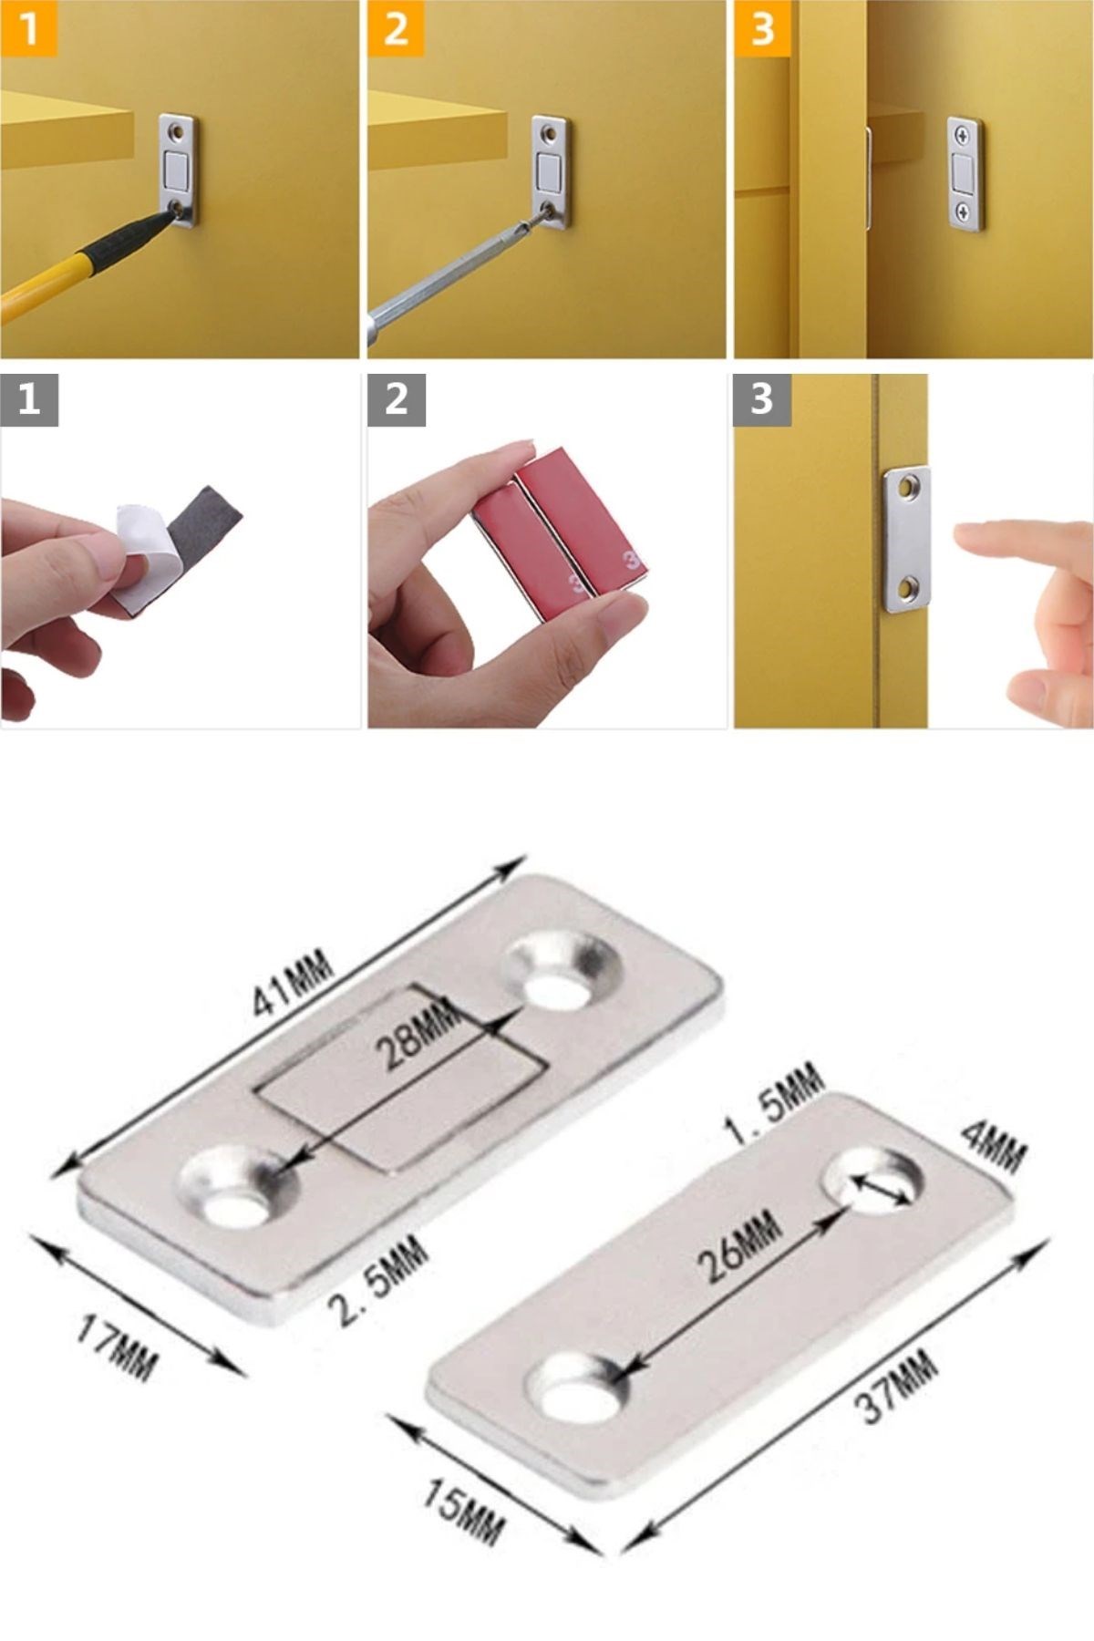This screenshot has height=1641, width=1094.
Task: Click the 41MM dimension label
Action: pyautogui.click(x=293, y=983)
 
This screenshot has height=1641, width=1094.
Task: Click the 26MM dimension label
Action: pyautogui.click(x=739, y=1244)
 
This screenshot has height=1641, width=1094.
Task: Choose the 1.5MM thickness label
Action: pyautogui.click(x=773, y=1105)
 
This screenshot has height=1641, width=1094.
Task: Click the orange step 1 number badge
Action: pyautogui.click(x=28, y=28)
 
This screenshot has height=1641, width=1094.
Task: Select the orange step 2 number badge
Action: pyautogui.click(x=396, y=28)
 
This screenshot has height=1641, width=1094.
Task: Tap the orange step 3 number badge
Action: pyautogui.click(x=762, y=28)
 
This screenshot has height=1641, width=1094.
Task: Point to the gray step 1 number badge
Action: pyautogui.click(x=29, y=399)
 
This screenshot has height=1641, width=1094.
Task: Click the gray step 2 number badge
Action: pyautogui.click(x=397, y=399)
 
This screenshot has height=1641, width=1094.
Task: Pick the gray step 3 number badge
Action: pyautogui.click(x=763, y=399)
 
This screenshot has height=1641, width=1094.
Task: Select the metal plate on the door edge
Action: pyautogui.click(x=907, y=540)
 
